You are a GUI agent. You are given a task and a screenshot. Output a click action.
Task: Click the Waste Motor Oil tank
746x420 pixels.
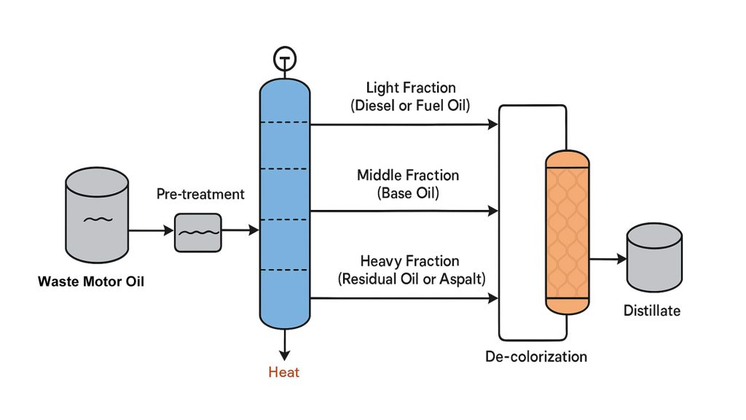(97, 218)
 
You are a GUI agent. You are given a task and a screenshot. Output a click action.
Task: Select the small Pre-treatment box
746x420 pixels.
(197, 233)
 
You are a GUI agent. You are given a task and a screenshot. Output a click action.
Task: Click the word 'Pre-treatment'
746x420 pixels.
(200, 194)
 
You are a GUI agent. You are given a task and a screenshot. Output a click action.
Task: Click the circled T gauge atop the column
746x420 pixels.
(284, 57)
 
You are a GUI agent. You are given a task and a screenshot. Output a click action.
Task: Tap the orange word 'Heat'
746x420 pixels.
(284, 373)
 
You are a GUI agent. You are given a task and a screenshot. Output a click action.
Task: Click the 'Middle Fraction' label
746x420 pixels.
(408, 175)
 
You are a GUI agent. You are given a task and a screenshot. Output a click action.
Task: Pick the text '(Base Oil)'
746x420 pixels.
(408, 193)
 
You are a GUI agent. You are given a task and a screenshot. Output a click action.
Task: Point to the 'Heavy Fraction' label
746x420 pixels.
(410, 260)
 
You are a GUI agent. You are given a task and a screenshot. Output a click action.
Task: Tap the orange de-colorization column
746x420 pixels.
(567, 233)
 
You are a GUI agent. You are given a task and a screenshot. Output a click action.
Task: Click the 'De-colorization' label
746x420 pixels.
(536, 357)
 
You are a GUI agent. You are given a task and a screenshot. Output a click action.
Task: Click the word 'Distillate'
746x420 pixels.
(652, 311)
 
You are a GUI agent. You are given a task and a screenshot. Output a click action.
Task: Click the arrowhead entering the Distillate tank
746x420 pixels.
(621, 259)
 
